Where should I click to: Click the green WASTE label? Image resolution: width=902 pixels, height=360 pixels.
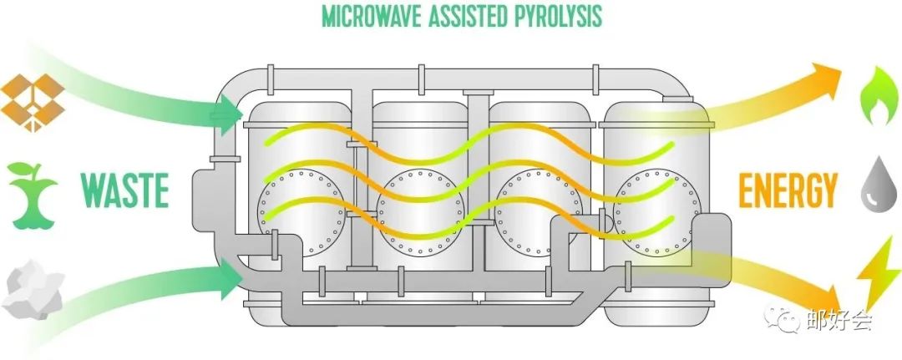(x=124, y=190)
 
